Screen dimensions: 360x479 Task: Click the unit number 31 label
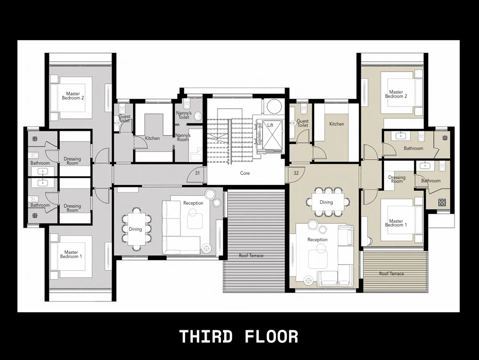coord(197,173)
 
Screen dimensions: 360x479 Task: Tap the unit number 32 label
coord(296,173)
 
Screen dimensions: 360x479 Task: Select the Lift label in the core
coord(270,125)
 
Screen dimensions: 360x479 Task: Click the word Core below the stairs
coord(245,173)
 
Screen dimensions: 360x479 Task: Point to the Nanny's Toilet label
coord(184,115)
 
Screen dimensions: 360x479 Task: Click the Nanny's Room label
coord(183,137)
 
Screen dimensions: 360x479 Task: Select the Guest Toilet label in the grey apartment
coord(124,119)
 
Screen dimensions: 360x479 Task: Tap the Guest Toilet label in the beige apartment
coord(303,123)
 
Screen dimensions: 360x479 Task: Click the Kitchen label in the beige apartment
coord(337,124)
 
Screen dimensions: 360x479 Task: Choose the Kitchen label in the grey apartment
coord(152,138)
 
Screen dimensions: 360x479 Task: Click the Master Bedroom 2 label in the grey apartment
coord(73,96)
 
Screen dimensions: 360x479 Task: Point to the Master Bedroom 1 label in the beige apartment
coord(396,223)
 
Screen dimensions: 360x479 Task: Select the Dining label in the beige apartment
coord(326,202)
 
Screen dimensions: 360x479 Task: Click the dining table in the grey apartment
coord(135,229)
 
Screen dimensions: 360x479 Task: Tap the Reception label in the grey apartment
coord(193,203)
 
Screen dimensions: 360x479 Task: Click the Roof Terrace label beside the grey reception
coord(251,256)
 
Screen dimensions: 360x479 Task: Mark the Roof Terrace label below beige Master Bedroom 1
coord(391,274)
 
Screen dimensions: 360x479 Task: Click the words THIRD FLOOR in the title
coord(239,337)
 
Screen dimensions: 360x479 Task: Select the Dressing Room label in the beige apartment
coord(396,179)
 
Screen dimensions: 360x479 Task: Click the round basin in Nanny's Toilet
coord(198,116)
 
